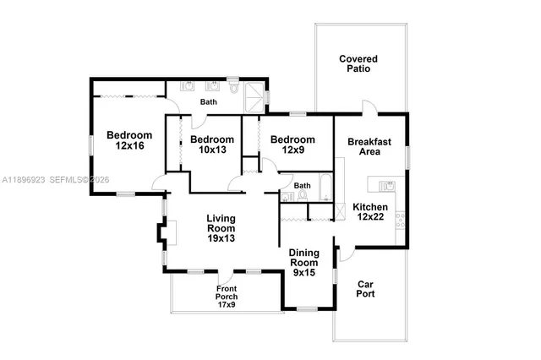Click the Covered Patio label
click(x=358, y=64)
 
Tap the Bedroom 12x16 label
click(x=129, y=141)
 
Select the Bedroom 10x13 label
click(x=211, y=145)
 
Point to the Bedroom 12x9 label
click(x=292, y=145)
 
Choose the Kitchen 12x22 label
click(x=370, y=212)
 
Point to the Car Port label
click(x=366, y=289)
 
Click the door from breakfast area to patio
click(x=368, y=108)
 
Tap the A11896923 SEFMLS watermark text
click(x=56, y=180)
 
